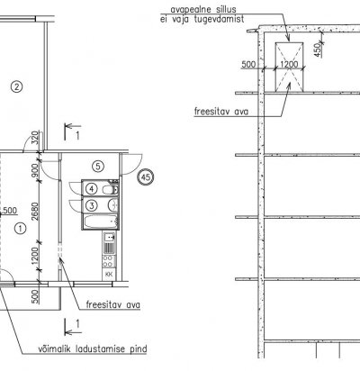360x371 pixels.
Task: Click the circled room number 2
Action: tap(16, 87)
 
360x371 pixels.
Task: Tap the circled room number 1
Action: tap(20, 229)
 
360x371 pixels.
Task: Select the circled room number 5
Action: tap(98, 167)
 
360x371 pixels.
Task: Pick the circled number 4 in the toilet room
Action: tap(91, 189)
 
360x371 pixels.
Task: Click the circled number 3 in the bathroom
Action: tap(91, 205)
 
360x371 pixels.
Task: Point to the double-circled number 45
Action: tap(146, 177)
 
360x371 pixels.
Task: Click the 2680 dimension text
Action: tap(35, 211)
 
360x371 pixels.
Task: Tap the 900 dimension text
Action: tap(35, 170)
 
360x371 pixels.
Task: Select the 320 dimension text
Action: tap(35, 138)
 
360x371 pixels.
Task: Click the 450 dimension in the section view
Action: tap(318, 50)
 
